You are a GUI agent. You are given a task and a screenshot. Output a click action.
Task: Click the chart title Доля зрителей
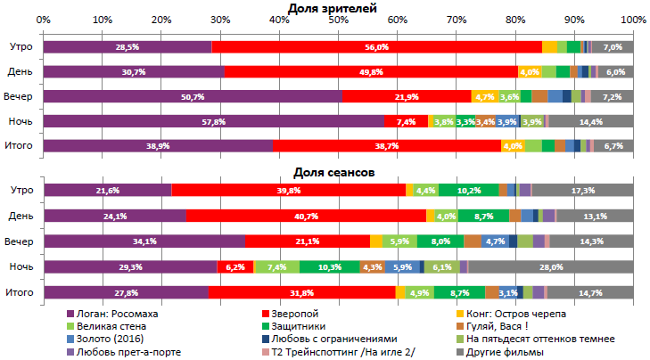(333, 8)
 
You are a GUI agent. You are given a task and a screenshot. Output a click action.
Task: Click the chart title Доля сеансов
(333, 171)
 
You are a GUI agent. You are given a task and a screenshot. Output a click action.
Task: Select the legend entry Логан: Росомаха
(115, 313)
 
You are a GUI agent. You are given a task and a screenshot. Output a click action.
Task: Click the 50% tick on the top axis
(338, 20)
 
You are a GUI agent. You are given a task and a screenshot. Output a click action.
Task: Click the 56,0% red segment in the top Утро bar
(376, 46)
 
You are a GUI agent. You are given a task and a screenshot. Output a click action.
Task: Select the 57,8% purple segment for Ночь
(214, 121)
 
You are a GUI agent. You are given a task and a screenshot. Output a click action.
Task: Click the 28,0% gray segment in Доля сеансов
(550, 266)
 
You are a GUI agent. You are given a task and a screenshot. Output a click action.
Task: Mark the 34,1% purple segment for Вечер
(144, 241)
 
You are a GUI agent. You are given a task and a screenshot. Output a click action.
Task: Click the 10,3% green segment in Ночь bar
(329, 266)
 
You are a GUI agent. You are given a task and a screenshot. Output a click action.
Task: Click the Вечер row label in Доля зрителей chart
(21, 96)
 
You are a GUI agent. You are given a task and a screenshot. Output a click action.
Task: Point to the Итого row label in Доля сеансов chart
(21, 292)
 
